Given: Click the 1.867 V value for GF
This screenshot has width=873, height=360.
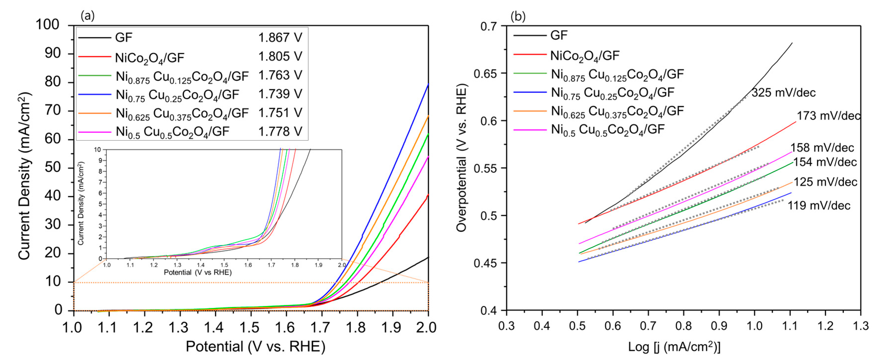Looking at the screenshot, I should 280,37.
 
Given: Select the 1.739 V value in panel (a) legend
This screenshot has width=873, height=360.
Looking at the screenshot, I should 280,94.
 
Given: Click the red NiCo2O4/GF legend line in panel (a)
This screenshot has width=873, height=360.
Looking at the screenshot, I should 95,56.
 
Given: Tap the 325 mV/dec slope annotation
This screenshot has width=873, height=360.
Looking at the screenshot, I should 783,93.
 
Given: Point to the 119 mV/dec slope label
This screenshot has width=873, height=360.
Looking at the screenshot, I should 819,205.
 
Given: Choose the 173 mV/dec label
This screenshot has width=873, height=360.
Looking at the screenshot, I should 828,116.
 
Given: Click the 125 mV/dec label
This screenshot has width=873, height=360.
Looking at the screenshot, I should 825,182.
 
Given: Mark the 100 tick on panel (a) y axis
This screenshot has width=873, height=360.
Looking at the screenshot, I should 48,25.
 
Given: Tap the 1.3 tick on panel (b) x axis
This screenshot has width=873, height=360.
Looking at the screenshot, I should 860,326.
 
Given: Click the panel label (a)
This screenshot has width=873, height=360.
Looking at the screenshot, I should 87,16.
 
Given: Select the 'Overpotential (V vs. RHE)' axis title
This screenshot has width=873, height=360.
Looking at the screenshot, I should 461,158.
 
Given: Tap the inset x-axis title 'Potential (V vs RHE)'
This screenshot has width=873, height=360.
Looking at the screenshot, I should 197,273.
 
